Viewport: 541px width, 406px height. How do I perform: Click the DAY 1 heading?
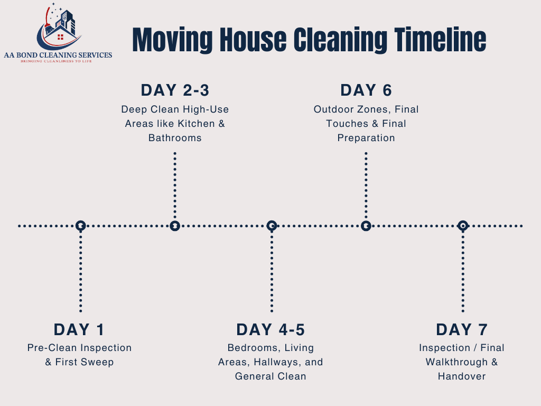[x=79, y=330]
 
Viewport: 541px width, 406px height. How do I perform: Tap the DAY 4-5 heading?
[x=270, y=330]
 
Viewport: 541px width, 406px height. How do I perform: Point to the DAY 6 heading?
[x=366, y=90]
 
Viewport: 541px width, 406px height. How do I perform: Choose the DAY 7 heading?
[x=462, y=330]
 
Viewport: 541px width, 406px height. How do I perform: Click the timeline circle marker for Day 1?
[x=80, y=226]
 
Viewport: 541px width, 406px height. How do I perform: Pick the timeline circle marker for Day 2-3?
[x=175, y=226]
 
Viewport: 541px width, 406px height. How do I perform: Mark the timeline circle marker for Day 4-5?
[x=272, y=226]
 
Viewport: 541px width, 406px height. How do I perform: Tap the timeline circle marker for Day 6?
[x=366, y=226]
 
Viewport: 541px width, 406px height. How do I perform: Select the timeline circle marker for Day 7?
[x=463, y=226]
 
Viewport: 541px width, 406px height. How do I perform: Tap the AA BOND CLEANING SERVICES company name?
[x=58, y=55]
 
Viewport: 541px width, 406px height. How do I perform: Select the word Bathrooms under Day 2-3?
[x=175, y=137]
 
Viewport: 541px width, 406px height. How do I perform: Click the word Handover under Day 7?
[x=462, y=376]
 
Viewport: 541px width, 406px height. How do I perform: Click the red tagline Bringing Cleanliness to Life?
[x=58, y=61]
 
